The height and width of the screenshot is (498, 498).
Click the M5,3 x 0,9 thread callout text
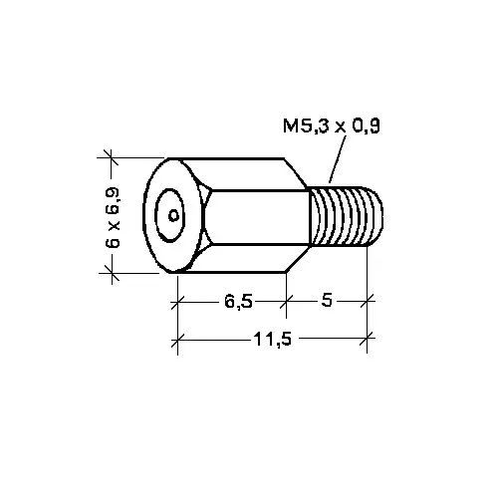(x=332, y=126)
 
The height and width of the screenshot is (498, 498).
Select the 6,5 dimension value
(x=238, y=302)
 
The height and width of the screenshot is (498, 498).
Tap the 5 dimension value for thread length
(x=327, y=300)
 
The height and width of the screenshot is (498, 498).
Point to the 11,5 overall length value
(x=273, y=339)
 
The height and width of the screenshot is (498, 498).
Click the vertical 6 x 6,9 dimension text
(x=113, y=218)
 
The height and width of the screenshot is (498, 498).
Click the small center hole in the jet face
(x=173, y=216)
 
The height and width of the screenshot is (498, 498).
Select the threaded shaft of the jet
(x=346, y=216)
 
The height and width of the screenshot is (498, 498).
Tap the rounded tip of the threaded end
(x=376, y=216)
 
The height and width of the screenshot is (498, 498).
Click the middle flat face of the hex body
(x=257, y=217)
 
